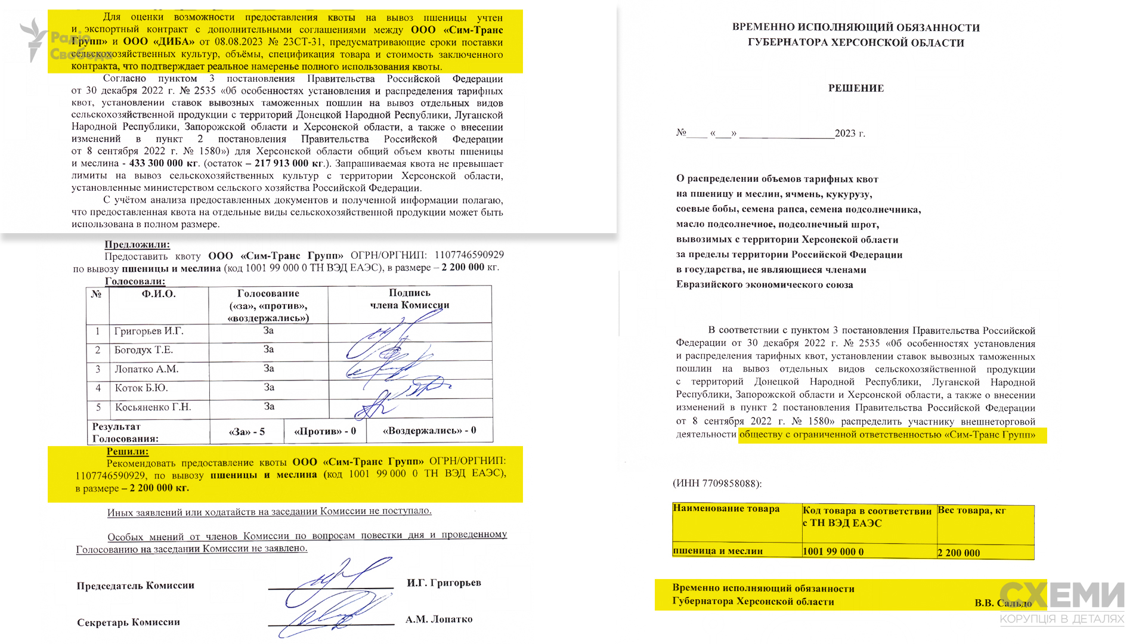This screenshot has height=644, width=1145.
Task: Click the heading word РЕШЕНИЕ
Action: click(x=856, y=88)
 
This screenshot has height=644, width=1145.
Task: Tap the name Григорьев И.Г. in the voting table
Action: click(x=149, y=332)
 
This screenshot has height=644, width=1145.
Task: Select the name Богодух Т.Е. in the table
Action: click(x=144, y=350)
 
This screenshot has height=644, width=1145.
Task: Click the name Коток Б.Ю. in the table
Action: click(x=141, y=388)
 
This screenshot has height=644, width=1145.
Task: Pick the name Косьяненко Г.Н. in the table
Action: click(x=153, y=407)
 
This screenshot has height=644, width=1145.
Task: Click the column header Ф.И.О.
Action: click(x=159, y=294)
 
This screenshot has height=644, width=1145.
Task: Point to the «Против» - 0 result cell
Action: click(x=325, y=431)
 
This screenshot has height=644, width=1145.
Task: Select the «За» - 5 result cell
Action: click(x=247, y=432)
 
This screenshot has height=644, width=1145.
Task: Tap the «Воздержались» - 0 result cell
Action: click(x=429, y=431)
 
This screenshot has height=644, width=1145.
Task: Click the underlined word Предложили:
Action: click(x=137, y=244)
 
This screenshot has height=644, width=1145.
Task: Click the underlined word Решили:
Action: click(x=127, y=451)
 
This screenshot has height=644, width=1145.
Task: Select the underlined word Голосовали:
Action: click(x=135, y=281)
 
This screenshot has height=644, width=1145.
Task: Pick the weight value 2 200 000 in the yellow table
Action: click(x=958, y=553)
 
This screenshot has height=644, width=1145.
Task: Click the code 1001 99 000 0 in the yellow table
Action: click(x=833, y=552)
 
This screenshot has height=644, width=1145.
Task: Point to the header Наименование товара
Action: click(x=726, y=509)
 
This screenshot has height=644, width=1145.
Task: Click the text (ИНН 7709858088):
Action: click(x=717, y=484)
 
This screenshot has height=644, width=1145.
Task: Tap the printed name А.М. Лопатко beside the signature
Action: click(x=439, y=620)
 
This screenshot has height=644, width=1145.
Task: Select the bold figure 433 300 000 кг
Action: click(x=164, y=163)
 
